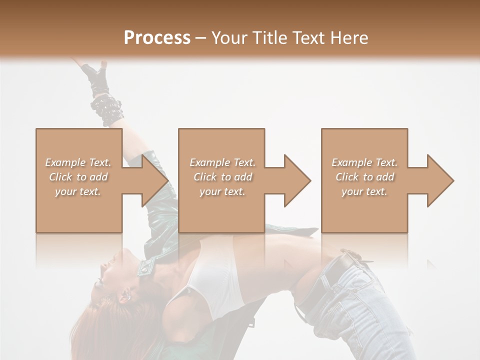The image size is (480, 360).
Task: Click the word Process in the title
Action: [x=157, y=38]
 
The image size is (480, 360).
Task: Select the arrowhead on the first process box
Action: [x=152, y=180]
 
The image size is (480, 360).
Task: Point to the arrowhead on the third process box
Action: [x=438, y=180]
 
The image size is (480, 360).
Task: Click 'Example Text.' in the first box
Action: [x=78, y=162]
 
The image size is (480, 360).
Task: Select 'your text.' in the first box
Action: [x=78, y=191]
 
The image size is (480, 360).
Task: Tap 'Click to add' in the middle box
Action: [x=222, y=177]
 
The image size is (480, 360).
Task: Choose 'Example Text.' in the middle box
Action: [x=222, y=162]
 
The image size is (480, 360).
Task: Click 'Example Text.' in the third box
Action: [x=364, y=162]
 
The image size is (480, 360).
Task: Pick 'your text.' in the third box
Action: [x=364, y=191]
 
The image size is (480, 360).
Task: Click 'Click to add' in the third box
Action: [x=364, y=177]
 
